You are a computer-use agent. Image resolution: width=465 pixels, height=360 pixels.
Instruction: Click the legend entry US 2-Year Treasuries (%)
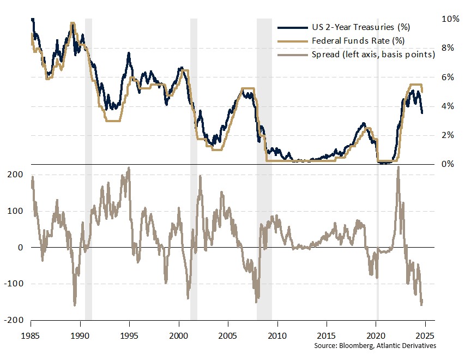pos(361,27)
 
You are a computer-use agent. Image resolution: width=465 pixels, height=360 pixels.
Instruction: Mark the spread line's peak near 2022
pos(398,167)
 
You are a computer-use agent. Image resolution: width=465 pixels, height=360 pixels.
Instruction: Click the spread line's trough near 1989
pos(75,304)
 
